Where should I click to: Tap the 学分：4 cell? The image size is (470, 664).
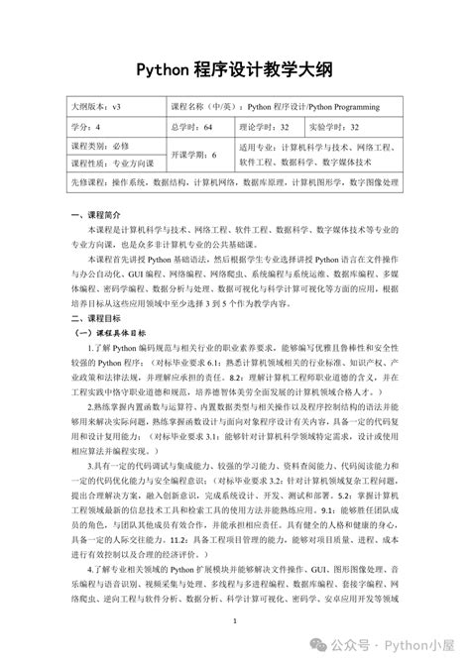(x=86, y=126)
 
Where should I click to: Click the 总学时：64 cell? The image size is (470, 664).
(x=192, y=126)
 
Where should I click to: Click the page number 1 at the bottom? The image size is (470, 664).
(x=235, y=621)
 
